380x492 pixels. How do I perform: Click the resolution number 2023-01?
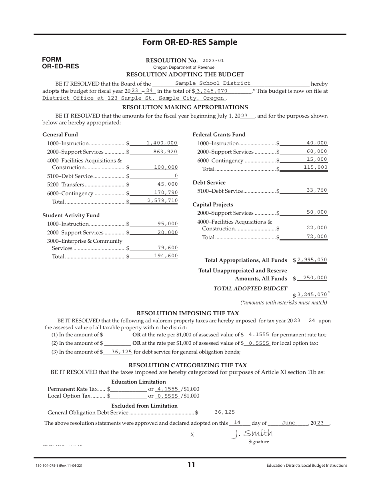(x=214, y=60)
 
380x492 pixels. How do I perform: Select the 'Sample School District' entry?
(x=213, y=83)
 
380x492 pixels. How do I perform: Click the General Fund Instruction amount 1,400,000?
(x=162, y=143)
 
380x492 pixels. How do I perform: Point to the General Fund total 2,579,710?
(x=162, y=201)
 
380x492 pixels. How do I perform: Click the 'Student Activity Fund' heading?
(x=71, y=215)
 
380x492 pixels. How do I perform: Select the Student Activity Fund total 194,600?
(x=166, y=256)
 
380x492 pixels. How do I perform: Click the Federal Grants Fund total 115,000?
(x=315, y=168)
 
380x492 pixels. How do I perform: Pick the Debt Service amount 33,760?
(x=317, y=190)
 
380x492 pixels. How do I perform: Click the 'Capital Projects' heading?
(x=213, y=204)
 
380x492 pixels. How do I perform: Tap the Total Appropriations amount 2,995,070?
(x=312, y=260)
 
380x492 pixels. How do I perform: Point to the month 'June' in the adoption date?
(x=288, y=423)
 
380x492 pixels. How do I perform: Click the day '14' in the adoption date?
(x=237, y=423)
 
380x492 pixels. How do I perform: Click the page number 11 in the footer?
(x=191, y=465)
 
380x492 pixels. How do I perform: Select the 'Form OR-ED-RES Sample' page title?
(x=190, y=42)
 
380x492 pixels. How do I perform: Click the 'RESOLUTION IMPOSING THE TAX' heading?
(x=188, y=314)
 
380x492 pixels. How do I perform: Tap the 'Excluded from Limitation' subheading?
(x=144, y=406)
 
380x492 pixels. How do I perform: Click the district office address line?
(x=134, y=98)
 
